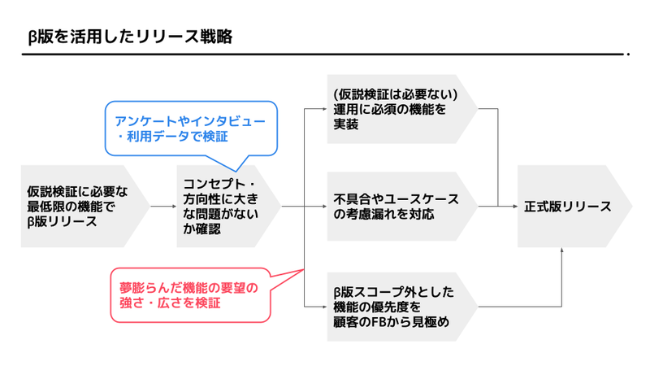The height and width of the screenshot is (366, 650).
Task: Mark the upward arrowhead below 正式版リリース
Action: [561, 251]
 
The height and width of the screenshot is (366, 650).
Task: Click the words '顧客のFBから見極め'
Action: [392, 323]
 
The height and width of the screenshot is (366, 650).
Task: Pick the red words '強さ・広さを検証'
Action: [170, 304]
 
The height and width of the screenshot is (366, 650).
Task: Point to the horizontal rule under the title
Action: [325, 54]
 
